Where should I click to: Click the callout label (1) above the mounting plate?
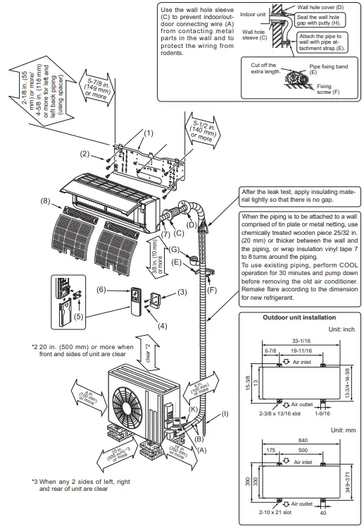pos(149,133)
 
